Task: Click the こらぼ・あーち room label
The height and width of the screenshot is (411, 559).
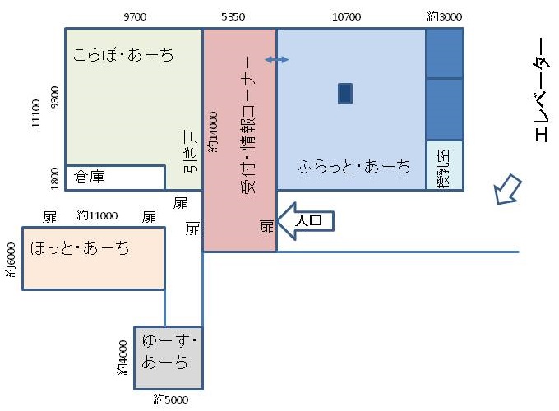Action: [x=122, y=57]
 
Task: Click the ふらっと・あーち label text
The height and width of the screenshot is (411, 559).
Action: [x=354, y=167]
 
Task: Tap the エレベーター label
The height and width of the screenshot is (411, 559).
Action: [x=543, y=90]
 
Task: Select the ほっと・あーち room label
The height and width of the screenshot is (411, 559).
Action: [x=81, y=247]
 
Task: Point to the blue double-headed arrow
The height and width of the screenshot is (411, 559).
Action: [x=277, y=60]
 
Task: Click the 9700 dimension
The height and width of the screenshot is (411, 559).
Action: [x=134, y=16]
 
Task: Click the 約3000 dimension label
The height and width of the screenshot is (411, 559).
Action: [x=445, y=16]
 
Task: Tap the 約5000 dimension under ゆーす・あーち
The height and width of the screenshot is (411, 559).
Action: [x=171, y=399]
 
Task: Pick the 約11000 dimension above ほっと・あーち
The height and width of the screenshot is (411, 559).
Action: [x=98, y=216]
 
